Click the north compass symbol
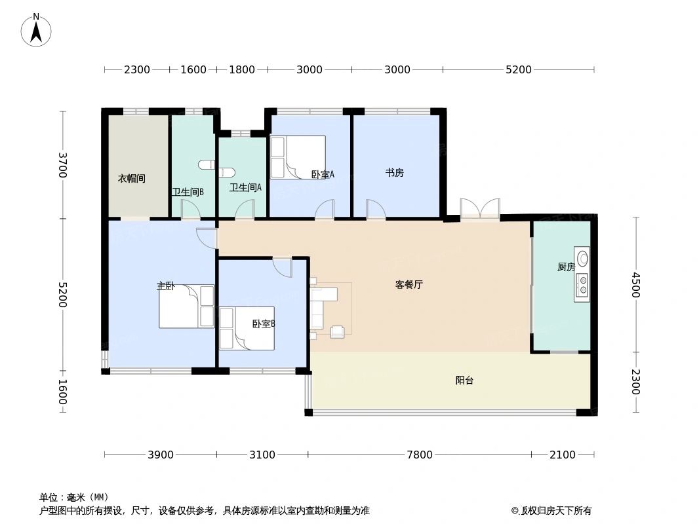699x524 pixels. click(37, 30)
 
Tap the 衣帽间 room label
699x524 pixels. click(131, 178)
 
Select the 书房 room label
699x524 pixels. click(394, 173)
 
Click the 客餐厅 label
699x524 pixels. click(409, 285)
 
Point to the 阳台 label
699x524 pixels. click(464, 381)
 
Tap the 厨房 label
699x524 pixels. click(565, 267)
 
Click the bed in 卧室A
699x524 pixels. click(298, 157)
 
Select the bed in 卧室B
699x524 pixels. click(247, 328)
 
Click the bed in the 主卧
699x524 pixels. click(186, 307)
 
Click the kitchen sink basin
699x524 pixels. click(582, 257)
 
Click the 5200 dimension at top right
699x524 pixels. click(518, 70)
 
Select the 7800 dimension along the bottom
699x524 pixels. click(420, 455)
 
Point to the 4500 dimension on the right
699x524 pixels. click(635, 285)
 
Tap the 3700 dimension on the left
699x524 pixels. click(63, 164)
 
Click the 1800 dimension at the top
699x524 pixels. click(241, 70)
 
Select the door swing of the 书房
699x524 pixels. click(376, 209)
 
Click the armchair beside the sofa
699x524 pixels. click(338, 332)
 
